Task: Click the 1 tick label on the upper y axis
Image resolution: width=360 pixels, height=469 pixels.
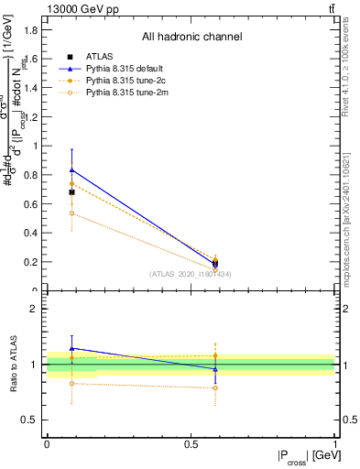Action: click(37, 146)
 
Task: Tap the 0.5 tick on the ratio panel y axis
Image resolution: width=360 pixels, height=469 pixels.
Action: click(32, 420)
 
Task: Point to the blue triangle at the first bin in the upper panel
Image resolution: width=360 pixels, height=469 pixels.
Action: click(72, 170)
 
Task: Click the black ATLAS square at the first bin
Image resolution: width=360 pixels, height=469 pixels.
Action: click(72, 192)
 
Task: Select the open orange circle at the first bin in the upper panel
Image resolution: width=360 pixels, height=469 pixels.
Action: click(72, 213)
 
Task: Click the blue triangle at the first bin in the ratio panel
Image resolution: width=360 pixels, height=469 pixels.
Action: click(72, 348)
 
